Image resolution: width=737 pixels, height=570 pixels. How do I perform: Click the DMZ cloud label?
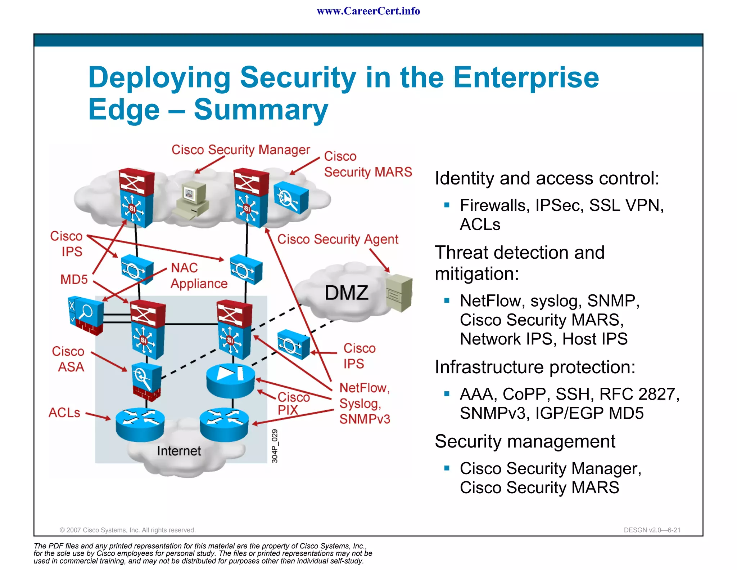tap(347, 293)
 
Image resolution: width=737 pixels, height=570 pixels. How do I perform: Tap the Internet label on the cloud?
tap(179, 451)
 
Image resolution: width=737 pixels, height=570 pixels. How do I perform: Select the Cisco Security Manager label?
tap(240, 150)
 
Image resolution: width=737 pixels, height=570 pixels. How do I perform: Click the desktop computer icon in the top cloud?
tap(191, 200)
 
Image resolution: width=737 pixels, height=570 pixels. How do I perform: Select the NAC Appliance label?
tap(199, 276)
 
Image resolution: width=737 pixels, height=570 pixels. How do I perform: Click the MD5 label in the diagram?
tap(74, 279)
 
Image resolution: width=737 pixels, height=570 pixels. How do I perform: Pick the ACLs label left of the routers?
tap(64, 413)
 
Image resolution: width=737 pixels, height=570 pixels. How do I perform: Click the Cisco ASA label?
tap(68, 359)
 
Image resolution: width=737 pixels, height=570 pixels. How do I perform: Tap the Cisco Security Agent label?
tap(338, 239)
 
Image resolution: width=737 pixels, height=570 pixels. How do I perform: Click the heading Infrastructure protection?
tap(535, 367)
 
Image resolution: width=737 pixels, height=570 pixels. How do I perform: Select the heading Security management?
tap(525, 441)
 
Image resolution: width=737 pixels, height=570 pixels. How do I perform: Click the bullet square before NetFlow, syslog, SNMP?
tap(447, 300)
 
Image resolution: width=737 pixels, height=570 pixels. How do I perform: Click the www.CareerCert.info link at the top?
tap(368, 11)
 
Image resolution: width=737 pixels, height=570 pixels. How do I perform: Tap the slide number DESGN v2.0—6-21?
tap(652, 530)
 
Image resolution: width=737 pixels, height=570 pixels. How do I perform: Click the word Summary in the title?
tap(261, 110)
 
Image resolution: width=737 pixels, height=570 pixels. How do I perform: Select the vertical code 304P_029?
tap(275, 446)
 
